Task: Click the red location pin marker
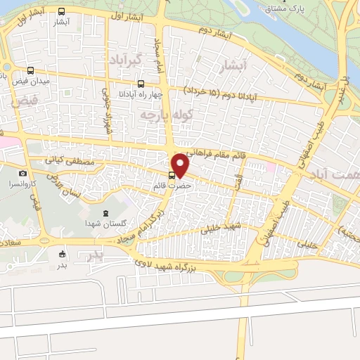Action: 181,166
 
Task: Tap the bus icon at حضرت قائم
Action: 172,176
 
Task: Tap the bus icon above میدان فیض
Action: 30,71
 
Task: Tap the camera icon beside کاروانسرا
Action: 22,173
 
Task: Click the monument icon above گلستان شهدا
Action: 105,213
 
